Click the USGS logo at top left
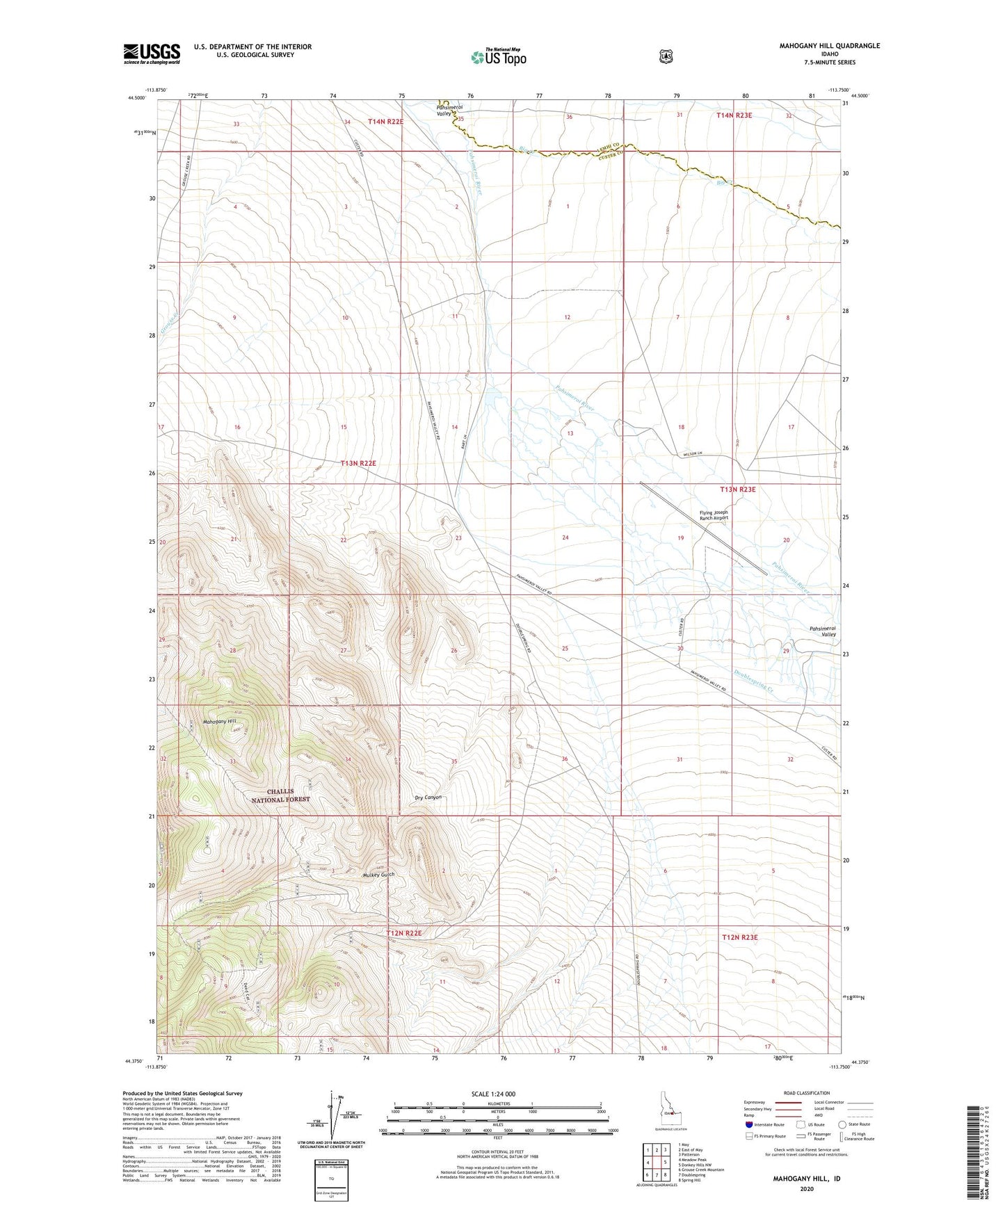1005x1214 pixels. click(x=152, y=54)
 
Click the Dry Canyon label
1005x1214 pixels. click(x=428, y=798)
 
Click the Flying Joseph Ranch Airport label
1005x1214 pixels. click(x=714, y=516)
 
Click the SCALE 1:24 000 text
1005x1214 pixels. click(x=493, y=1094)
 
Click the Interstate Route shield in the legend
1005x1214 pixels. click(x=748, y=1124)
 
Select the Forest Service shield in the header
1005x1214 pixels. click(x=666, y=56)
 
